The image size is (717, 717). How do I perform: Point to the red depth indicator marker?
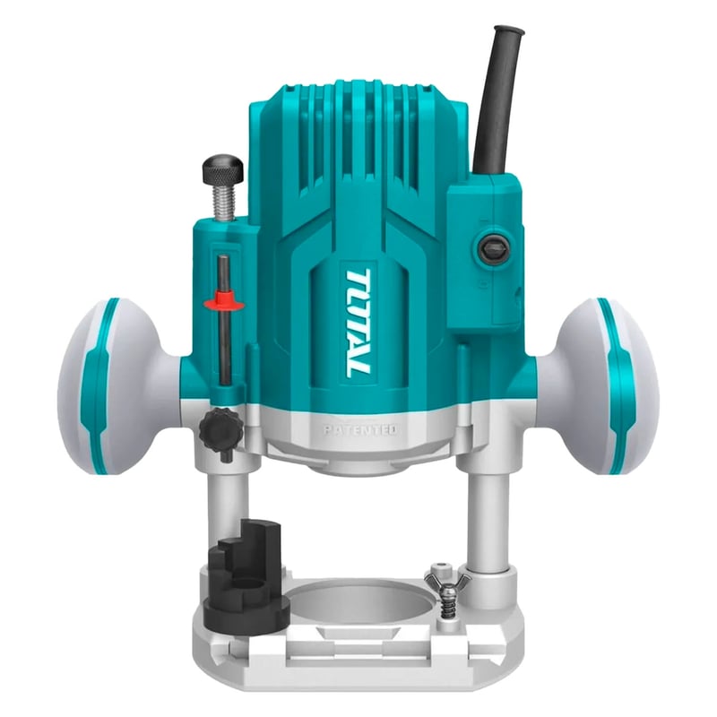pyautogui.click(x=224, y=302)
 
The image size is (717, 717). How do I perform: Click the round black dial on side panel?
pyautogui.click(x=493, y=248)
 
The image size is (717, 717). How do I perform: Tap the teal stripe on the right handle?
pyautogui.click(x=618, y=385)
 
